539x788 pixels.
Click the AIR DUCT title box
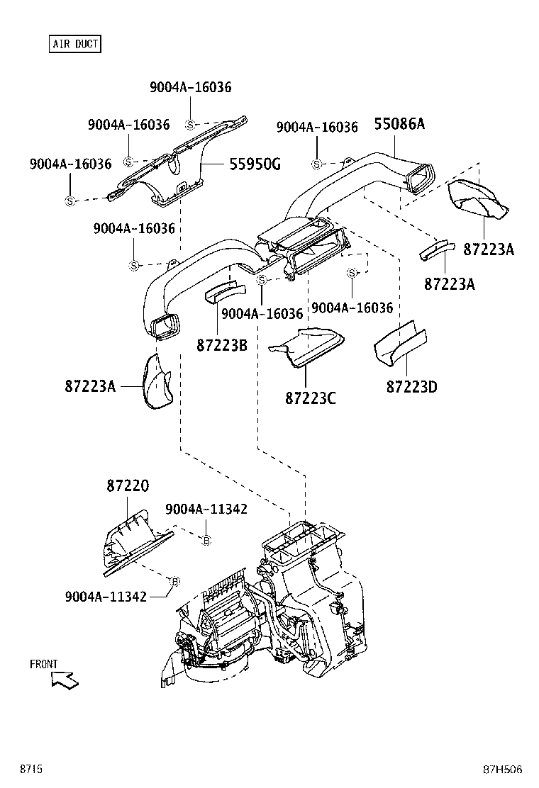tap(74, 44)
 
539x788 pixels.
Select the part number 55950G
tap(255, 164)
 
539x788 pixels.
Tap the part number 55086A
tap(399, 125)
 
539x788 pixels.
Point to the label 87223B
tap(221, 345)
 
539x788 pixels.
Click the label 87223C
tap(311, 398)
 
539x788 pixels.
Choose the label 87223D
tap(412, 387)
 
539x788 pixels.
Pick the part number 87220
tap(128, 486)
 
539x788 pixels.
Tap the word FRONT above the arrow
tap(43, 664)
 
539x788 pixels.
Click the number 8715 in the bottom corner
tap(31, 769)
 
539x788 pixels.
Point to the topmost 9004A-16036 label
tap(190, 87)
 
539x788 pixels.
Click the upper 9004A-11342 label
tap(206, 510)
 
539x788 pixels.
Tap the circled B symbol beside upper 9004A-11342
tap(206, 541)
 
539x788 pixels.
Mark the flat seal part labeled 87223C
tap(309, 345)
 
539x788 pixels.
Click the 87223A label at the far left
tap(89, 386)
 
